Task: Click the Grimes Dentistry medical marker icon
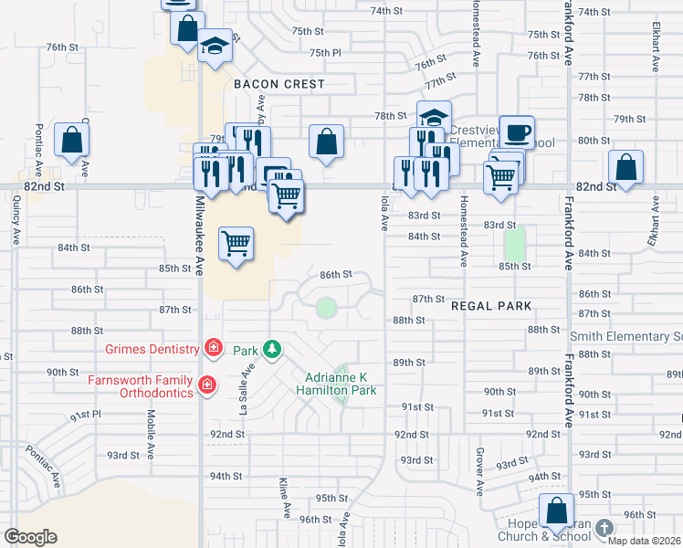point(213,347)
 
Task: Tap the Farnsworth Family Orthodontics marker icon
point(207,386)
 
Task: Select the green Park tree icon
point(271,350)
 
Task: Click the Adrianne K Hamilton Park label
point(336,383)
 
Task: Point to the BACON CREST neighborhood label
point(278,84)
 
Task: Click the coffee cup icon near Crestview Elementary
point(518,132)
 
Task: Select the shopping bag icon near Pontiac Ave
point(71,140)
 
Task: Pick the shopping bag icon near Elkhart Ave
point(625,166)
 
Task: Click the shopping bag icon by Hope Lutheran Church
point(556,510)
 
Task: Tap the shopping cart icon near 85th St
point(236,243)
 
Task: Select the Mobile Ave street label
point(151,426)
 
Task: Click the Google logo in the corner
point(30,537)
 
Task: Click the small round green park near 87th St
point(326,308)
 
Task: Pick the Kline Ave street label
point(285,494)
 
